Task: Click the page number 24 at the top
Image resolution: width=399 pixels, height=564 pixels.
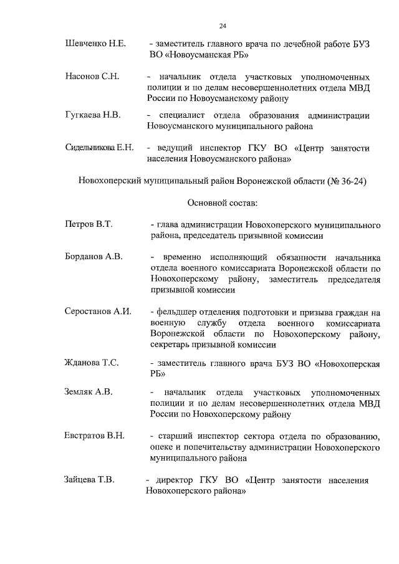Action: pyautogui.click(x=223, y=26)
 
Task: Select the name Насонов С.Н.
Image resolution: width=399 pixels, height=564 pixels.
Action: pyautogui.click(x=92, y=76)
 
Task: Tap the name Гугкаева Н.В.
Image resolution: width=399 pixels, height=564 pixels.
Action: pyautogui.click(x=93, y=115)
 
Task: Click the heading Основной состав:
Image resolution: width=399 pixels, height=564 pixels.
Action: pyautogui.click(x=223, y=203)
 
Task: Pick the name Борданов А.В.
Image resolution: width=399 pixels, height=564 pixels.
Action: pyautogui.click(x=94, y=256)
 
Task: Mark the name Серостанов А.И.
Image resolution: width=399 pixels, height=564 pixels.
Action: pyautogui.click(x=98, y=311)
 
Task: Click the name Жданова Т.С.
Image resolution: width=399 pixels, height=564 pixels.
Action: pyautogui.click(x=92, y=363)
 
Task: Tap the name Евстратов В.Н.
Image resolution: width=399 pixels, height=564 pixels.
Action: pyautogui.click(x=95, y=435)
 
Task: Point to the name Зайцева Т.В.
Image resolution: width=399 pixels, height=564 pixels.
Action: pyautogui.click(x=89, y=480)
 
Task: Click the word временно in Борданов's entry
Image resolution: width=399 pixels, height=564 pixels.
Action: pyautogui.click(x=185, y=257)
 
